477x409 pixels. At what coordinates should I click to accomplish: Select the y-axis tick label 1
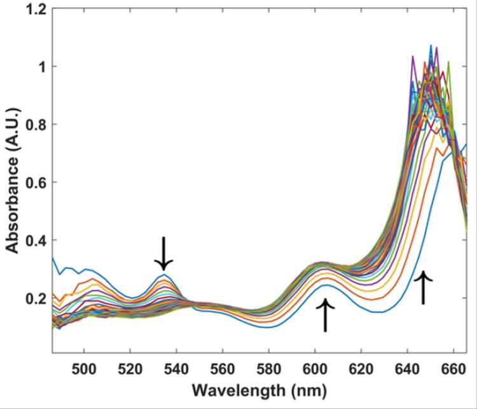[x=40, y=67]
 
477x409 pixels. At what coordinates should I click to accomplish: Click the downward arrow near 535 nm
[x=164, y=254]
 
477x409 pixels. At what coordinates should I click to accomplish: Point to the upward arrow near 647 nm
[x=423, y=287]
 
